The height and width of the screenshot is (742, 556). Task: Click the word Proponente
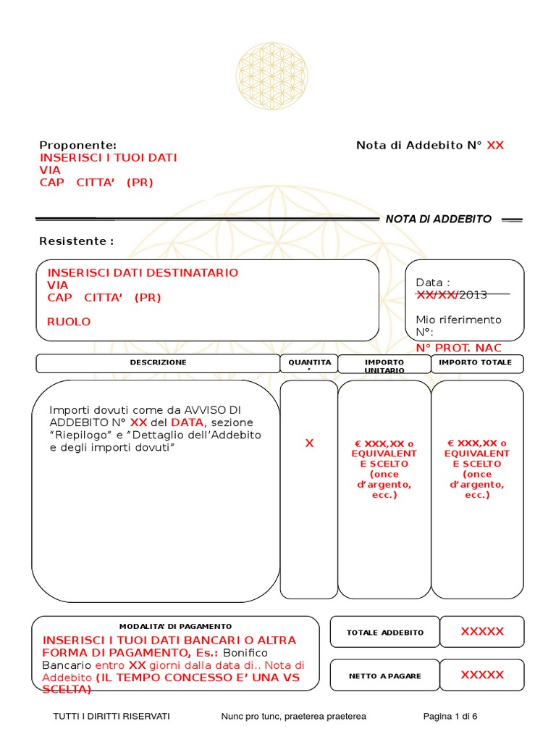(77, 145)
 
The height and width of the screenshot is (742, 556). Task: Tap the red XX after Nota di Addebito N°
(495, 145)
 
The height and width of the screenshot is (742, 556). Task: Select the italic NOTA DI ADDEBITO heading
(438, 219)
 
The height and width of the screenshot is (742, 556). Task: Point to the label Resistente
(76, 241)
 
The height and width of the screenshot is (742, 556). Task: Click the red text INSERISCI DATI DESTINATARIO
(143, 272)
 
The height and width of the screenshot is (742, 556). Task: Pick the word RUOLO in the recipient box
(69, 322)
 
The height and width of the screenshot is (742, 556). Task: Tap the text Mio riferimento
(458, 320)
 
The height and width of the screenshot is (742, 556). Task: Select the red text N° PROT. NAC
(458, 349)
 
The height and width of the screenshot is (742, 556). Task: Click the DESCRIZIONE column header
(158, 362)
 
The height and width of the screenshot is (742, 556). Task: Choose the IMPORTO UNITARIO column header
(384, 365)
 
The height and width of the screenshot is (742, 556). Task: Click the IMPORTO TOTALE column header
(476, 362)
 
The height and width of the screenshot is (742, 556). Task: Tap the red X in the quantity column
(309, 443)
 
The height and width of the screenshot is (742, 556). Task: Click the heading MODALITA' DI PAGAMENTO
(175, 626)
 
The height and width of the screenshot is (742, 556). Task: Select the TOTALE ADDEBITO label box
(385, 633)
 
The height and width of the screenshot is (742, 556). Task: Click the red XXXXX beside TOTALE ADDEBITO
(482, 631)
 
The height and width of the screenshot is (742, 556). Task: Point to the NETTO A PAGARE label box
(385, 676)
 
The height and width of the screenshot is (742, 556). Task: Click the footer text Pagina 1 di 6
(450, 716)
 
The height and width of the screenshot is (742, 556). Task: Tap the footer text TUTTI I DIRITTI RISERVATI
(111, 716)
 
